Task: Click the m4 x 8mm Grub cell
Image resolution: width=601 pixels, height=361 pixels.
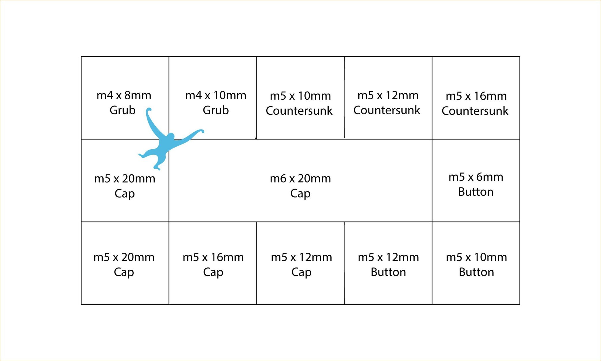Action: coord(125,98)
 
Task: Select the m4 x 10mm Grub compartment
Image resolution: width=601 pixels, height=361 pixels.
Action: coord(213,98)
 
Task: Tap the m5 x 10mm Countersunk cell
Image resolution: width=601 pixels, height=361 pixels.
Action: coord(300,98)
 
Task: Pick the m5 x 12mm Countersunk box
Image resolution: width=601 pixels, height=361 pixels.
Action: coord(388,98)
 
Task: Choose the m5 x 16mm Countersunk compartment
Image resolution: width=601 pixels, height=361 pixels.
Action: coord(476,98)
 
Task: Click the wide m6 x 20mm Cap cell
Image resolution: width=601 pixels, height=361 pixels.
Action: coord(300,180)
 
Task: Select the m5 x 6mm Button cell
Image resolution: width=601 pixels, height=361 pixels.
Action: coord(476,180)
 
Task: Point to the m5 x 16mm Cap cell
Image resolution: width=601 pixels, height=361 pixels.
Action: coord(213,263)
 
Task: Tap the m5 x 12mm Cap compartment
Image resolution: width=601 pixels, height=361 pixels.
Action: coord(300,263)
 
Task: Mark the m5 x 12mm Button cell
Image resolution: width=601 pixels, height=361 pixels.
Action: coord(388,263)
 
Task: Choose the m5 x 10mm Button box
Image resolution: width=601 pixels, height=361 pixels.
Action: coord(476,263)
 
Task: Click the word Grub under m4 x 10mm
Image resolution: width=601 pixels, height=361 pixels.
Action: coord(216,110)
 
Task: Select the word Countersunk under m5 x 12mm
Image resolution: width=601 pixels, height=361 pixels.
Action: coord(387,110)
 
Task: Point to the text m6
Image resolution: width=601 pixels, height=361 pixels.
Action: coord(277,178)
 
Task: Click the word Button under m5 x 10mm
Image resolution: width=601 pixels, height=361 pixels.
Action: coord(476,272)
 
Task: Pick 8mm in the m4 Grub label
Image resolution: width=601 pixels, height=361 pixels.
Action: coord(138,95)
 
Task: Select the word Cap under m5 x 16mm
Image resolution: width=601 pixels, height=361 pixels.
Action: coord(213,272)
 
